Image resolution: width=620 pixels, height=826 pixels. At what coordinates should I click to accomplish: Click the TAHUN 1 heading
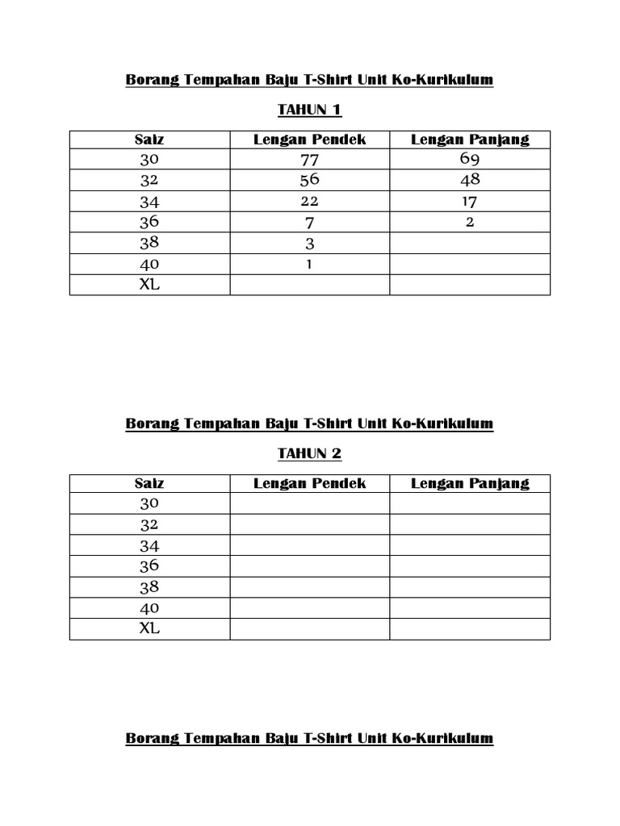309,110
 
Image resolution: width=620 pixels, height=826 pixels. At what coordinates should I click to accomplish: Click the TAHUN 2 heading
309,453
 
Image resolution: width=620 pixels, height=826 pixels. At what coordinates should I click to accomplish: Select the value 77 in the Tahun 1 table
310,160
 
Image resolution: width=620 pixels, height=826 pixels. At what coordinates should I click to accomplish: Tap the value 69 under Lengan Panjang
470,159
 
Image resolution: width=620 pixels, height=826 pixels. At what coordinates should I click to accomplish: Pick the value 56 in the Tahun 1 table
310,180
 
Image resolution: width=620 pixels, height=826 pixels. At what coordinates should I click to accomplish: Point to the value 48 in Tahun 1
470,180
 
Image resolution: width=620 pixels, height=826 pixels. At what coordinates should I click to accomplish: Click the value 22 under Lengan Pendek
310,201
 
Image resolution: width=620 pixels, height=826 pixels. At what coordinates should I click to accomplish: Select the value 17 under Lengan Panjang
470,201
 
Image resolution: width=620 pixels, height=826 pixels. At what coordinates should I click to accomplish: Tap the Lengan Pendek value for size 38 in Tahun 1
310,244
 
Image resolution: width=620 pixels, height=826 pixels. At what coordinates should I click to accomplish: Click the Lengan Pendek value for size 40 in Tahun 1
310,264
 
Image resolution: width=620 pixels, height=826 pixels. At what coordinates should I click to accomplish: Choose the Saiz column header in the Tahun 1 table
149,140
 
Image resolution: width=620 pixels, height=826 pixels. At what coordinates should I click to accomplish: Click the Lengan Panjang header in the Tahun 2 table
470,483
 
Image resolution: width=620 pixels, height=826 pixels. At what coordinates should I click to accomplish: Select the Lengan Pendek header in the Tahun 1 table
310,140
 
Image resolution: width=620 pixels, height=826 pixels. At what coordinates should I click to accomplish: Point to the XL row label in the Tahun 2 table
149,628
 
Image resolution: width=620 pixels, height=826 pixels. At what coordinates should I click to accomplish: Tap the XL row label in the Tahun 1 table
149,285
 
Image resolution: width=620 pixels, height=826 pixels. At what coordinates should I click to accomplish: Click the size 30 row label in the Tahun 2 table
149,503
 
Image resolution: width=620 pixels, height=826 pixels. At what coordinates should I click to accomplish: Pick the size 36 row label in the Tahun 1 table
149,222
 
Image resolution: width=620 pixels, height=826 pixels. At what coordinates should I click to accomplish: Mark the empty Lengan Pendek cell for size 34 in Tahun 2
310,545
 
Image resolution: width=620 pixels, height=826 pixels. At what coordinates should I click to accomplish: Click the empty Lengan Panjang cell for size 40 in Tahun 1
470,264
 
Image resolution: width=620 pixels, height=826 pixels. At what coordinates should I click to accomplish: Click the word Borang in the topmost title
152,80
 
